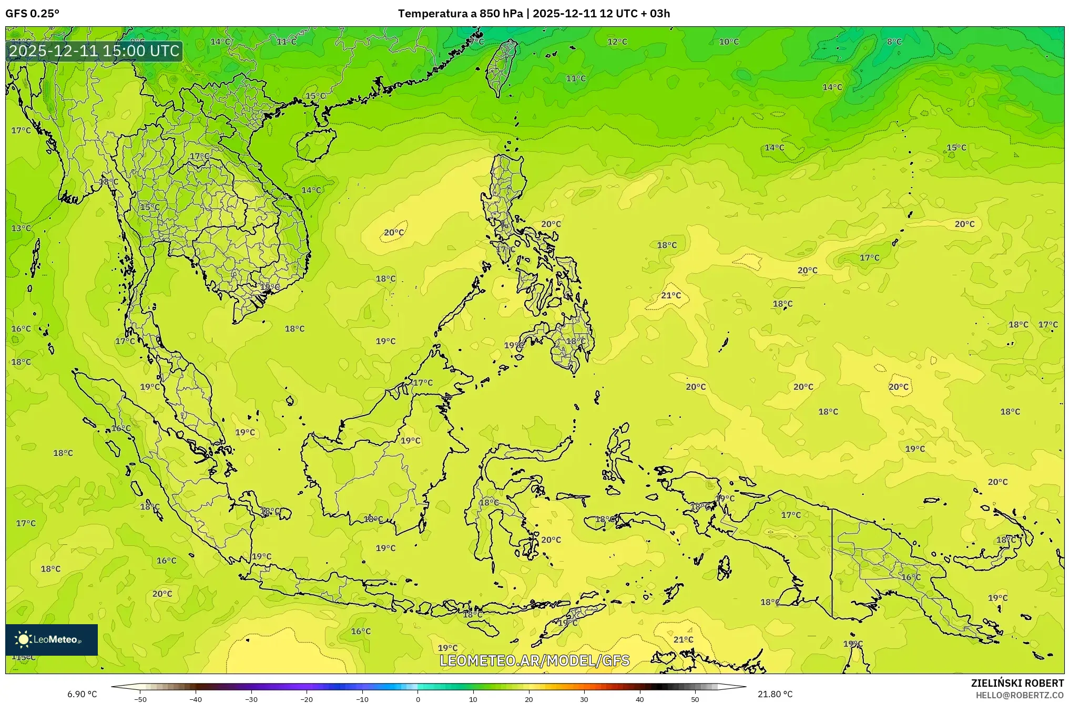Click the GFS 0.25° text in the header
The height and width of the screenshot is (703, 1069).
tap(32, 14)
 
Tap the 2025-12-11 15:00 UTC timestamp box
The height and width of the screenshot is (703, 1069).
tap(94, 51)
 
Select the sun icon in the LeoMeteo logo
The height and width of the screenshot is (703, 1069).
tap(23, 639)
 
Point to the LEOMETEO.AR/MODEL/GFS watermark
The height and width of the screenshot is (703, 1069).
tap(534, 660)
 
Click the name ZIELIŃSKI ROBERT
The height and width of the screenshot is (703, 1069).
tap(1017, 683)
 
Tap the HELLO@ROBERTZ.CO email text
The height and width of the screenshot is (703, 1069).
tap(1020, 695)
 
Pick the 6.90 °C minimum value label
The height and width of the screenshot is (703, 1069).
tap(82, 694)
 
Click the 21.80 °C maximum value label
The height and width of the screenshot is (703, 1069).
tap(775, 694)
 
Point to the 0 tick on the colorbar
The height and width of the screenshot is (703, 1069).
tap(418, 699)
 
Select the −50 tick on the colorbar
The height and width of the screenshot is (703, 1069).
tap(140, 699)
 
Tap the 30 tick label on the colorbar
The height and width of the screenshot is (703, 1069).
tap(584, 699)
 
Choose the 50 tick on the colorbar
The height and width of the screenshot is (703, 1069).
tap(695, 699)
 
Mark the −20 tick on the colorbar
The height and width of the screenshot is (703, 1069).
tap(307, 699)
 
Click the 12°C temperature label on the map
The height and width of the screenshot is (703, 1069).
tap(617, 42)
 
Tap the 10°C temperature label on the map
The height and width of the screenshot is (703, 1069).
tap(729, 42)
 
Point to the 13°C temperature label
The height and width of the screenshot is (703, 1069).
tap(22, 229)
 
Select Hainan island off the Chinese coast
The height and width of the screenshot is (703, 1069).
tap(315, 144)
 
